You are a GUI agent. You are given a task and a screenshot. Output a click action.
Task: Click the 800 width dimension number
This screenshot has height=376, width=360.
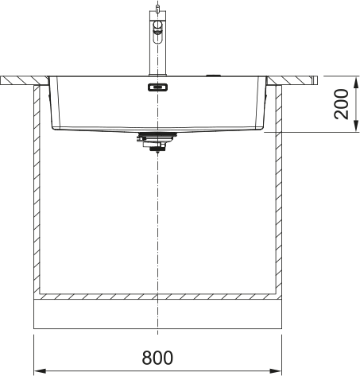click(x=157, y=358)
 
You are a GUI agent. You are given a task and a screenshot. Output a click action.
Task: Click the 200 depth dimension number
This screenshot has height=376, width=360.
click(x=341, y=104)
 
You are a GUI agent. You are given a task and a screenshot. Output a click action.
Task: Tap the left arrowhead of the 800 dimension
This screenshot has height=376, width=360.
click(x=39, y=370)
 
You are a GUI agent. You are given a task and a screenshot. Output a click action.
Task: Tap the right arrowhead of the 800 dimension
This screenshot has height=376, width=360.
click(x=276, y=370)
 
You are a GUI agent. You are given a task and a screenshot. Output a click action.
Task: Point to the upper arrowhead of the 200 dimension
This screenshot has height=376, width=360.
click(x=357, y=82)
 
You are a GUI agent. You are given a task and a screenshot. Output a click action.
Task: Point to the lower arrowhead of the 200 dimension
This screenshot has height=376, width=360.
click(x=357, y=126)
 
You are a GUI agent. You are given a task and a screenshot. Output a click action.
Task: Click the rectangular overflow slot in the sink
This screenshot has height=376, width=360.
click(x=157, y=87)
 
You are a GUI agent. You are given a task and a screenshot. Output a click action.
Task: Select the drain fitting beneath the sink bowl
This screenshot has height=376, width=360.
click(x=157, y=142)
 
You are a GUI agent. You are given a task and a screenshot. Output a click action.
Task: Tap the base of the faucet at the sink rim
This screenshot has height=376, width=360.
click(x=157, y=75)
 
